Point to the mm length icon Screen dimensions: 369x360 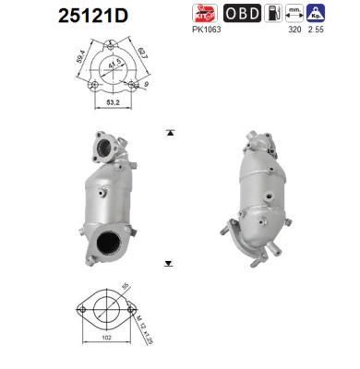296,13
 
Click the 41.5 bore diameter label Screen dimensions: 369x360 114,68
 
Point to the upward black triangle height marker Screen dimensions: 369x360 168,133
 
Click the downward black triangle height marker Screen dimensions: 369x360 168,263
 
